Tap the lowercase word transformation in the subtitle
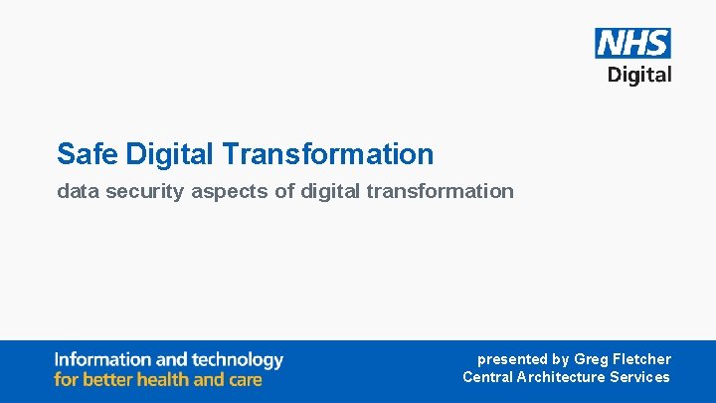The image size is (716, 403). (440, 191)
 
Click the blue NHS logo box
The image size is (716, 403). (632, 43)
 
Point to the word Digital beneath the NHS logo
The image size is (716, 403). (639, 75)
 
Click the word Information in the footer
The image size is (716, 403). (102, 359)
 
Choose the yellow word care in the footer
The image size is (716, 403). (245, 379)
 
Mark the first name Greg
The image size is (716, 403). (593, 359)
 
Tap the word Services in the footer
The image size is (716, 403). (639, 377)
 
